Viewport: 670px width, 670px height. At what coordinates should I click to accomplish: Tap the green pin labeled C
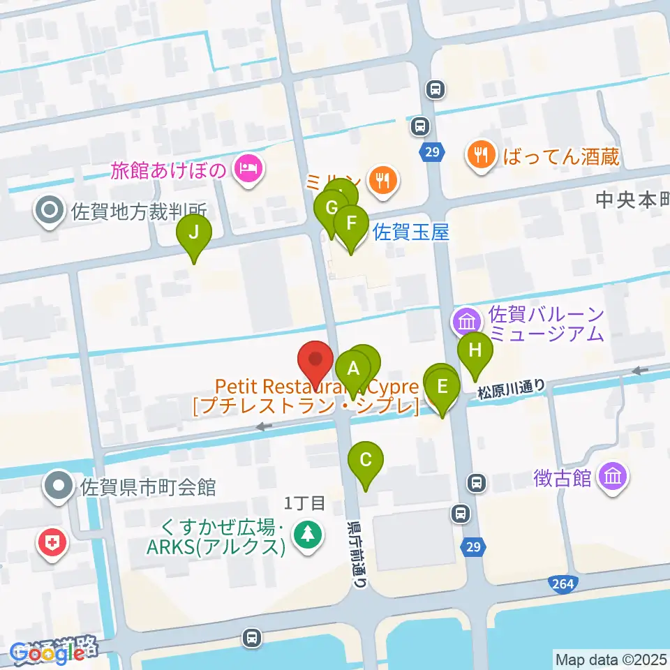click(x=366, y=460)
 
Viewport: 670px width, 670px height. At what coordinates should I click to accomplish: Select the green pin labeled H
click(x=475, y=347)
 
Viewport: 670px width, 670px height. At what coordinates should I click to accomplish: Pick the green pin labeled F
click(x=350, y=224)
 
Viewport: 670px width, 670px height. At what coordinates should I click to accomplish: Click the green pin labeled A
click(x=353, y=368)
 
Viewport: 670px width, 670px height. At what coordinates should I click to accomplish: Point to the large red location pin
click(x=315, y=361)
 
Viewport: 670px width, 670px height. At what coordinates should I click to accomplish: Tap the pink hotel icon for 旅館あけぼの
click(x=248, y=167)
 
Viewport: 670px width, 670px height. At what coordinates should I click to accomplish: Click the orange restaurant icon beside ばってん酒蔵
click(x=480, y=155)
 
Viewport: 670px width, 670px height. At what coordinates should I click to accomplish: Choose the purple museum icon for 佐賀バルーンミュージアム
click(x=467, y=322)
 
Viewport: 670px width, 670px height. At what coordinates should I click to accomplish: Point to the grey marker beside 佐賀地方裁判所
click(x=51, y=209)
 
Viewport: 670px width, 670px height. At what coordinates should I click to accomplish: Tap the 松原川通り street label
click(x=511, y=389)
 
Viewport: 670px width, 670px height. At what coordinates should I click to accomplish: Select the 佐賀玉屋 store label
click(x=411, y=232)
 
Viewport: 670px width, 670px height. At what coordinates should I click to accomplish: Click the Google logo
click(x=44, y=653)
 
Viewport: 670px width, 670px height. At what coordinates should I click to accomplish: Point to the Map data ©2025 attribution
click(x=611, y=658)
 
